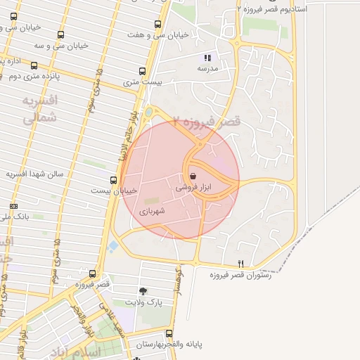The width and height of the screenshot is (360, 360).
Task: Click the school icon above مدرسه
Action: coord(207,58)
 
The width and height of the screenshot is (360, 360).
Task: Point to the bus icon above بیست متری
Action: coord(143,71)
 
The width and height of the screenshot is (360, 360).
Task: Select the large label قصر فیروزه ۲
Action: coord(207,124)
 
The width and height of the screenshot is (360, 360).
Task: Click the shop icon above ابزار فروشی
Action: coord(193,176)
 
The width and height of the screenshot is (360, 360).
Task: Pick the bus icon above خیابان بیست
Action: coord(114,180)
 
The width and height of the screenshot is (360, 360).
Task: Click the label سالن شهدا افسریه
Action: coord(35,174)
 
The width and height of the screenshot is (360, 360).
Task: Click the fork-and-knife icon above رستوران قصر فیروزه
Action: coord(240,264)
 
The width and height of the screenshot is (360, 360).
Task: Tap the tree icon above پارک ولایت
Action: coord(143,290)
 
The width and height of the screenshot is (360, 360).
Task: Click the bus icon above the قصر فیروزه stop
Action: coord(92,274)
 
